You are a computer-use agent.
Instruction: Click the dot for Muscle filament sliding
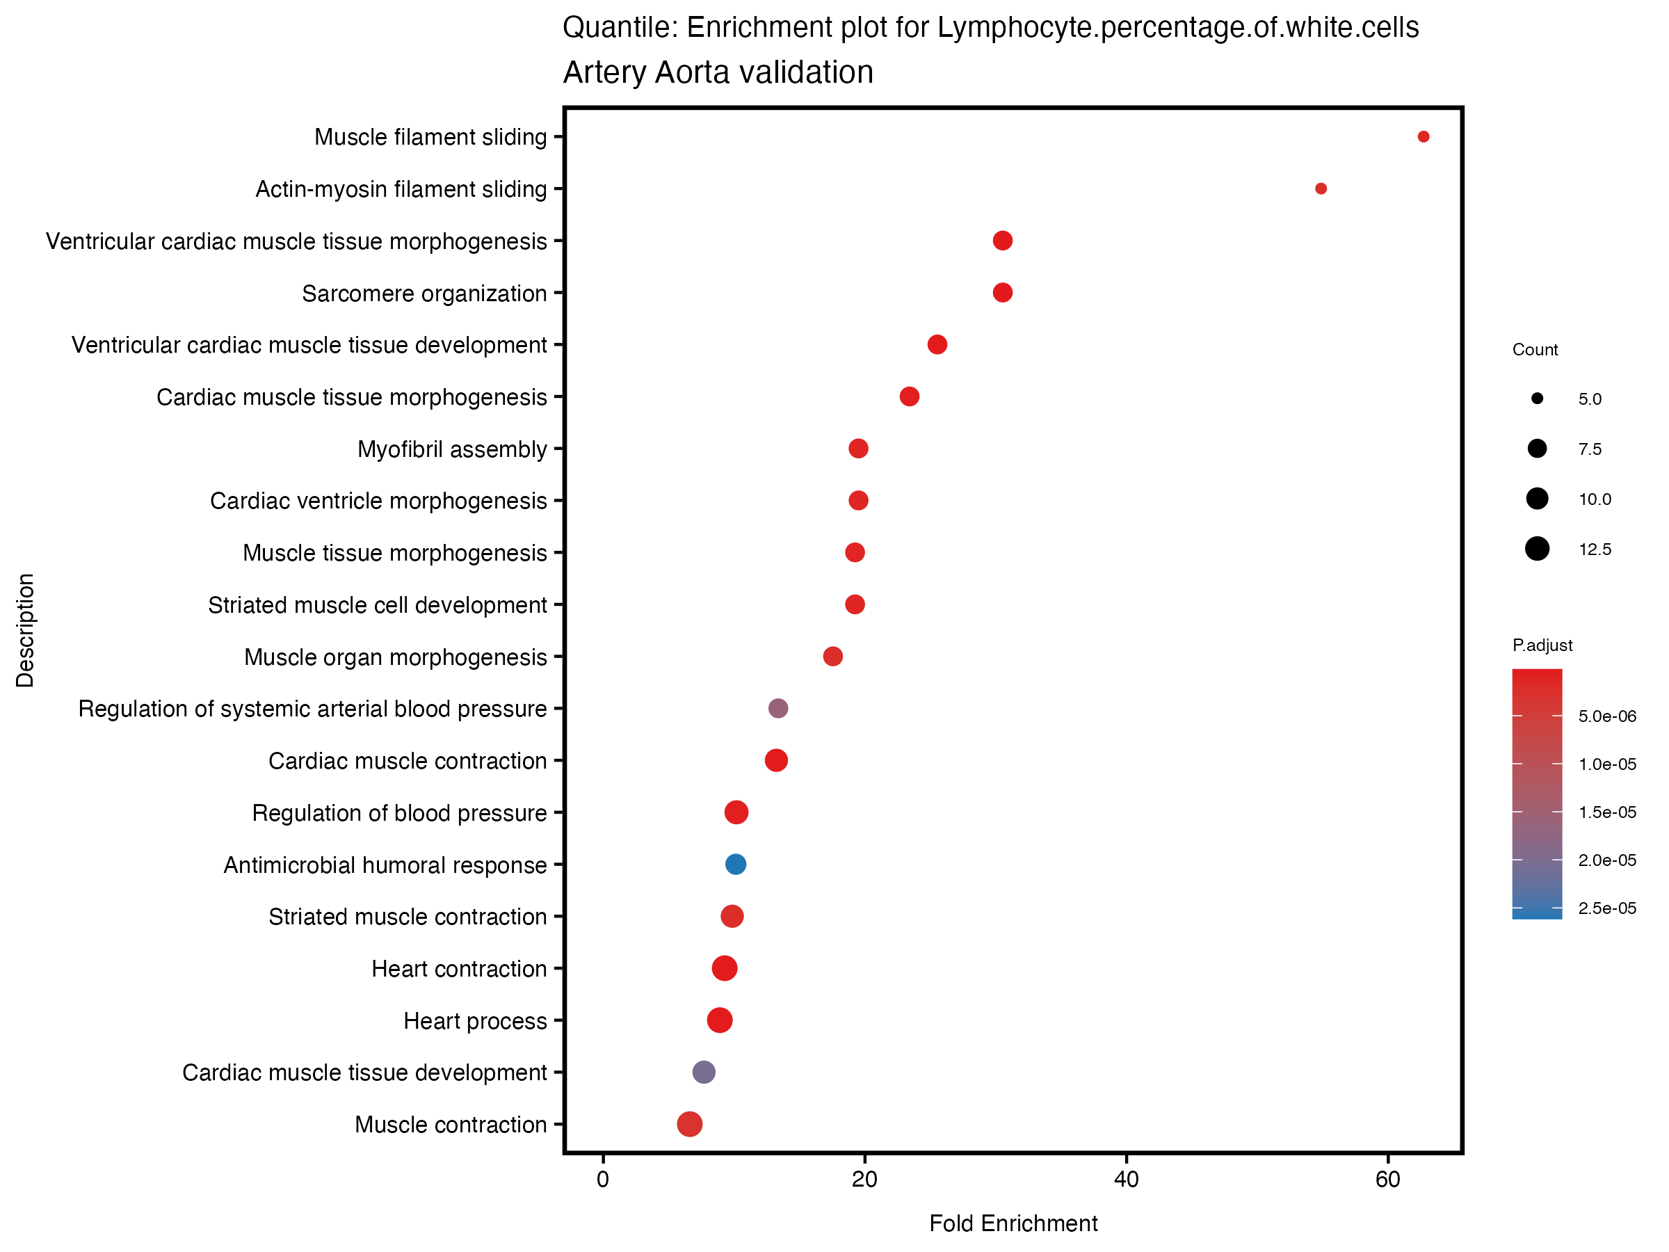click(x=1423, y=136)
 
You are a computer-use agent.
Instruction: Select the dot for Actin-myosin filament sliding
click(x=1321, y=188)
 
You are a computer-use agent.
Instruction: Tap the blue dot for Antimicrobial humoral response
click(x=736, y=864)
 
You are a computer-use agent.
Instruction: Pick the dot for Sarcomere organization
click(x=1002, y=293)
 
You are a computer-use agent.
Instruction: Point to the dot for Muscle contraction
click(x=689, y=1124)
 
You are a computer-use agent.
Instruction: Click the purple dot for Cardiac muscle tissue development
click(x=703, y=1072)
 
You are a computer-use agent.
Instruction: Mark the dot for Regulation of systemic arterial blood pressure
click(x=778, y=708)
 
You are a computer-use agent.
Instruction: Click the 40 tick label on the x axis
click(x=1126, y=1180)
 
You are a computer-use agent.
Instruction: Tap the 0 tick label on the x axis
click(x=603, y=1180)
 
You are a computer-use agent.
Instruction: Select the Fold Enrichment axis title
click(x=1013, y=1223)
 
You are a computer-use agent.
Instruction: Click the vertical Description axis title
click(x=25, y=630)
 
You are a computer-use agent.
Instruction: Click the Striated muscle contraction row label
click(x=408, y=917)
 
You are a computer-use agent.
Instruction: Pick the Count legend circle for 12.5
click(x=1536, y=549)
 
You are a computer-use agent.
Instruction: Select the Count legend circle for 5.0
click(x=1536, y=399)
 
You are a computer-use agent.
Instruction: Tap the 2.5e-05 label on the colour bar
click(x=1607, y=908)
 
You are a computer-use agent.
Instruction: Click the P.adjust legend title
click(x=1542, y=645)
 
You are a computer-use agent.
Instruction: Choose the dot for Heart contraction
click(x=725, y=968)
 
